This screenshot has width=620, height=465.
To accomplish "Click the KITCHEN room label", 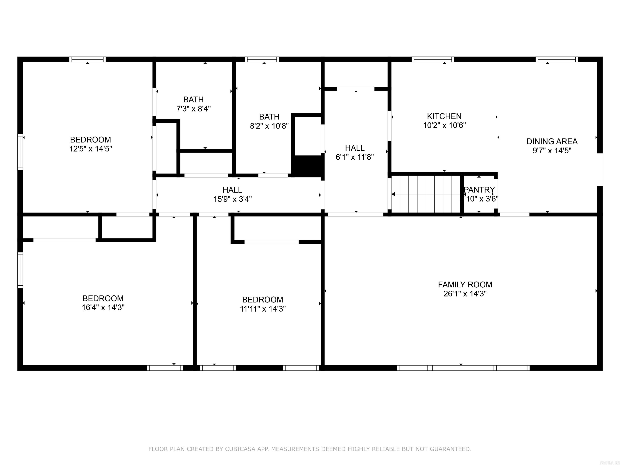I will (x=444, y=116).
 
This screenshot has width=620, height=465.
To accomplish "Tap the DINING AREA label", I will (x=552, y=141).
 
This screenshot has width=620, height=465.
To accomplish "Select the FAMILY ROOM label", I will (x=465, y=285).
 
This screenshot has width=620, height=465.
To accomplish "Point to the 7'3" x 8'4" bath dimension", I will (x=193, y=109).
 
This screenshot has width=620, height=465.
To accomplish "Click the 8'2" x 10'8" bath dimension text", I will (x=269, y=126).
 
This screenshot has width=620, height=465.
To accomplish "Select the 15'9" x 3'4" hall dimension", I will (x=232, y=199).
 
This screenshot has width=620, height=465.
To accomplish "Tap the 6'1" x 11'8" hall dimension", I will (x=355, y=157).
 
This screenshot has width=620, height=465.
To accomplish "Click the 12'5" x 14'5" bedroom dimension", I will (x=91, y=149).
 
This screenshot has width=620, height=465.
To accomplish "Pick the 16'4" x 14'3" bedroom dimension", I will (x=103, y=308).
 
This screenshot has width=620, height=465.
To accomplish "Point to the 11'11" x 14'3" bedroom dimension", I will (x=263, y=309).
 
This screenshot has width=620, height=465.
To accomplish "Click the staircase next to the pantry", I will (x=426, y=194).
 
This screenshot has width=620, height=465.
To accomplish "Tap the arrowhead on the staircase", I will (x=394, y=194).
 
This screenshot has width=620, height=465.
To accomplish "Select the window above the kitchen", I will (x=433, y=59).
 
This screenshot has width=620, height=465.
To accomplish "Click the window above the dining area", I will (x=556, y=59).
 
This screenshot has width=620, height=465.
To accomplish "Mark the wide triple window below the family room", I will (x=463, y=368).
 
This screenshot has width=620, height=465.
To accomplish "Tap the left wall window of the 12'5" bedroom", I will (x=20, y=152).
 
